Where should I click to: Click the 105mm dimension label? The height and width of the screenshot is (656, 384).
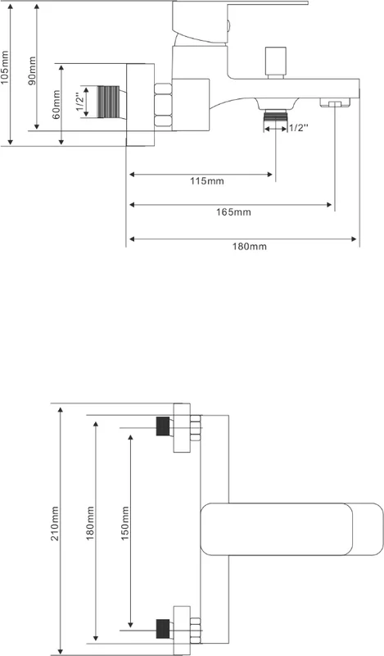[x=5, y=68]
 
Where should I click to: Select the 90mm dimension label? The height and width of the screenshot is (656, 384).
[x=32, y=71]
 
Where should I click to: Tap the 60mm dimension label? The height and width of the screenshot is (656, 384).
[x=56, y=105]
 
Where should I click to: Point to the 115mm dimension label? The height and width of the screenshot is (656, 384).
[x=207, y=181]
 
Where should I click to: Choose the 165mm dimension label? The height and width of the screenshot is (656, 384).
[x=233, y=212]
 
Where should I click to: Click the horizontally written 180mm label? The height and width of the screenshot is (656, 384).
[x=250, y=247]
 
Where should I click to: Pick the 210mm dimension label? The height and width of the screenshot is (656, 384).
[x=55, y=523]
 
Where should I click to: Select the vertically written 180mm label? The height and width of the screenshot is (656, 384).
[x=90, y=523]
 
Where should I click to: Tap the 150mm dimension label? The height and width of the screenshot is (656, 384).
[x=125, y=523]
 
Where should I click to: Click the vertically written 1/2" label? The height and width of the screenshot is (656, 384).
[x=79, y=102]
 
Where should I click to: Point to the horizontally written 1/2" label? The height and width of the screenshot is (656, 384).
[x=299, y=128]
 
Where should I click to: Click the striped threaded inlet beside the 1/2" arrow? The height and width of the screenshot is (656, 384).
[x=108, y=102]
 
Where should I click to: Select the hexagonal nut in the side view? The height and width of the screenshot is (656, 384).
[x=163, y=105]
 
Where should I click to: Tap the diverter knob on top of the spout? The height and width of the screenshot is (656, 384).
[x=275, y=62]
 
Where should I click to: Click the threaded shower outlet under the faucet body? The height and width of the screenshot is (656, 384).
[x=275, y=115]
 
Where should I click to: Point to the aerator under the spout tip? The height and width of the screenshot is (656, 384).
[x=334, y=103]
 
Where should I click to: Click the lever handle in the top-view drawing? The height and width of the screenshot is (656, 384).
[x=291, y=529]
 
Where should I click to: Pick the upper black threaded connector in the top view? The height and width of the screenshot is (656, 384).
[x=163, y=426]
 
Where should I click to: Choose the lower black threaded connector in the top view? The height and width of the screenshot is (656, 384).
[x=163, y=629]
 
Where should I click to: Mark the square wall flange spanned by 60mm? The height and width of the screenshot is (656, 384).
[x=140, y=105]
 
